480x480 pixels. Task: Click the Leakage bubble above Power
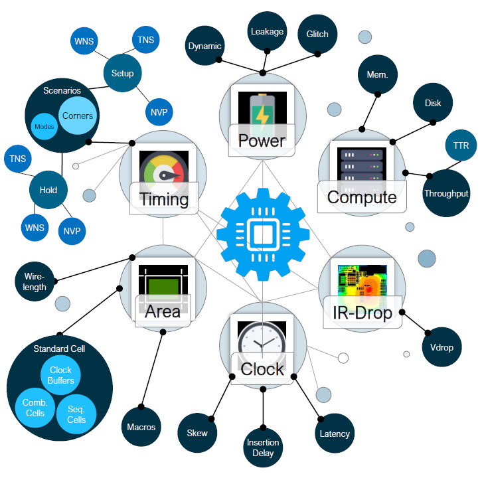tap(267, 31)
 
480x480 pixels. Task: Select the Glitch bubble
tap(317, 34)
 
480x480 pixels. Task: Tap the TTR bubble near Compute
tap(460, 145)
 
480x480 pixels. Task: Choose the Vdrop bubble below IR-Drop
tap(442, 347)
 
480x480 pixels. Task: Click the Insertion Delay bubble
tap(263, 448)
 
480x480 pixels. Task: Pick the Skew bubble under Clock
tap(197, 433)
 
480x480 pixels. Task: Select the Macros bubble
tap(141, 426)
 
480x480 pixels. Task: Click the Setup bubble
tap(123, 73)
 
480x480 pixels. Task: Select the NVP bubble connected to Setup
tap(159, 112)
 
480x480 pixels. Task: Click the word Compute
tap(362, 197)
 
